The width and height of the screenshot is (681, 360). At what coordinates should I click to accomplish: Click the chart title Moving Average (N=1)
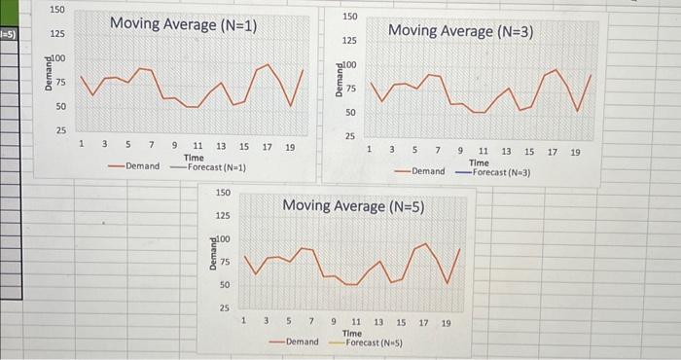coord(183,24)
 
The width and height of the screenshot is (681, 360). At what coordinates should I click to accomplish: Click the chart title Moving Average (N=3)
coord(460,31)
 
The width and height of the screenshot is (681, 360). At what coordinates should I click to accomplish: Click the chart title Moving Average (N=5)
coord(352,206)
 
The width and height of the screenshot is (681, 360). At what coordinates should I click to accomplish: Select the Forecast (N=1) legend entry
coord(216,166)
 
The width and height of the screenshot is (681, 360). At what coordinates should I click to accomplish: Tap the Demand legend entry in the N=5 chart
coord(302,342)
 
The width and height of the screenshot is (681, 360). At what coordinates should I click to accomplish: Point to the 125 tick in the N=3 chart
coord(349,41)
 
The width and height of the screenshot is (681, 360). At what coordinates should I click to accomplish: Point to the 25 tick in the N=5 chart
coord(224,308)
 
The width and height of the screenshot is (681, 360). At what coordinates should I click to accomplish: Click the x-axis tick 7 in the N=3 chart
coord(438,152)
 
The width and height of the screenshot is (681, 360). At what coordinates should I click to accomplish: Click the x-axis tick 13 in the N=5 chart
coord(378,322)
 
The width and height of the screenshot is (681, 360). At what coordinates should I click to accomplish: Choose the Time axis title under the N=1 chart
coord(194,157)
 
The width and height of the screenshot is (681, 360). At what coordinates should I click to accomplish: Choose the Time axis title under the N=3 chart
coord(479,162)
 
